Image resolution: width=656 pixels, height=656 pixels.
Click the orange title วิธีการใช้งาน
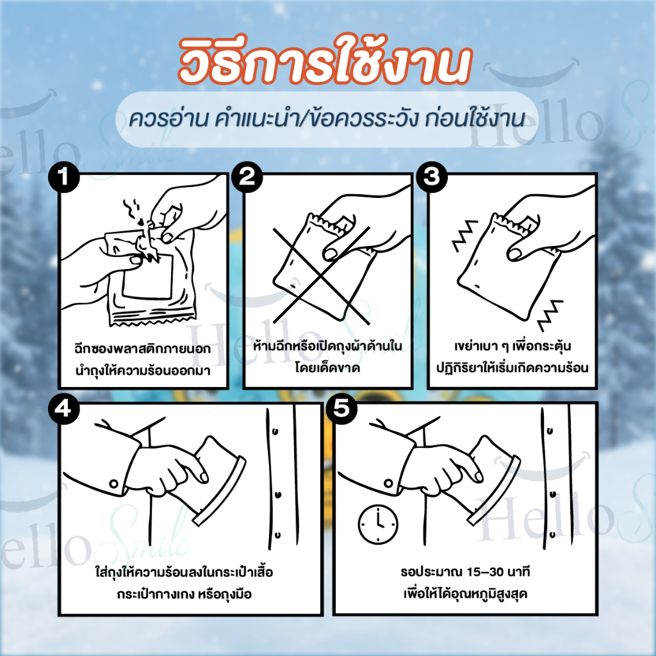click(x=325, y=61)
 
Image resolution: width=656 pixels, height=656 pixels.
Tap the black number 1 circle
click(x=64, y=177)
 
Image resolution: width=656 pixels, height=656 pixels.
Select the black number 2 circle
click(x=247, y=177)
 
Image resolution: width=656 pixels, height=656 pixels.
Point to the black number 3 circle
click(x=432, y=177)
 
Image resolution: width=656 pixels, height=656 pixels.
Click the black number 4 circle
click(x=64, y=408)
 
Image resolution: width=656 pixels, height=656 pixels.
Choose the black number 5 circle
click(x=342, y=408)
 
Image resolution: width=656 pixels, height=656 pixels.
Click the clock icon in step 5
click(x=378, y=524)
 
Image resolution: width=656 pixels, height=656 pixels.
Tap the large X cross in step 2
click(x=322, y=275)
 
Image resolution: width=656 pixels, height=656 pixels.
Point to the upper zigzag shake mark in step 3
click(x=465, y=235)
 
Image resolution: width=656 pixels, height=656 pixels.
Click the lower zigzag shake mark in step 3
click(x=550, y=315)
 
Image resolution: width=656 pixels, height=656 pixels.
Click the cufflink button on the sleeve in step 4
click(x=113, y=484)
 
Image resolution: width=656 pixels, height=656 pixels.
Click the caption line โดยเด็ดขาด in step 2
click(x=327, y=368)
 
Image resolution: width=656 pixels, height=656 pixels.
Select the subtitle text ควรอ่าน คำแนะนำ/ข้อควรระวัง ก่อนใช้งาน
click(x=327, y=119)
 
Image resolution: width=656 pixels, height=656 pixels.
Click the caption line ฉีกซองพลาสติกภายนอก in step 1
click(x=143, y=348)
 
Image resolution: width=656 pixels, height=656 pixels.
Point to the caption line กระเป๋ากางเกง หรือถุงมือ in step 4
click(x=184, y=594)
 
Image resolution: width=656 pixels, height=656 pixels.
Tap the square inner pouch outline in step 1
click(x=147, y=275)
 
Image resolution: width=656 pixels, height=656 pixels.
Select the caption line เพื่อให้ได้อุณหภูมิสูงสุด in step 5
click(x=465, y=594)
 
